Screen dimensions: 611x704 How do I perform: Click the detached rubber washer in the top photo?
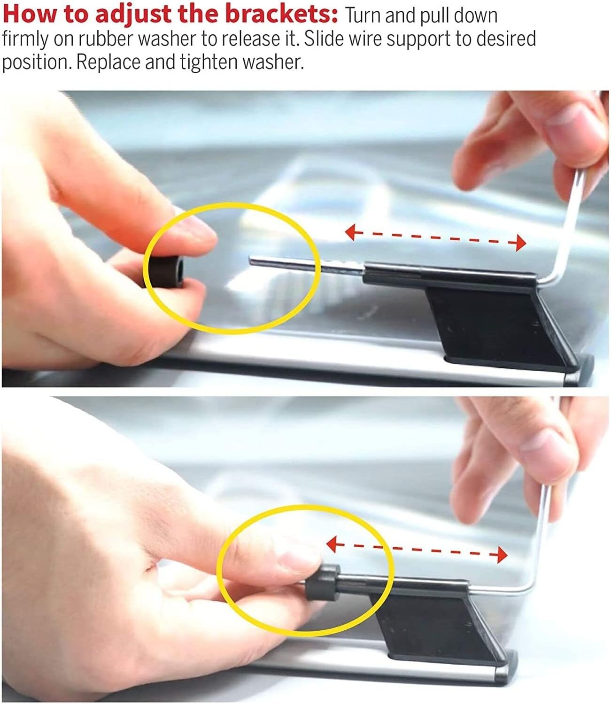click(163, 271)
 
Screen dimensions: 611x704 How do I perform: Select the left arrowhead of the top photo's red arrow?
click(350, 233)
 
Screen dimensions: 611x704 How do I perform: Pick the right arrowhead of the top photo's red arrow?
click(521, 243)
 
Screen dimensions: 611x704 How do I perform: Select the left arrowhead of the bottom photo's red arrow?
click(331, 545)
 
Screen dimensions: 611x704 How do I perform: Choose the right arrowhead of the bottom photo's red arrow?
click(502, 555)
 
